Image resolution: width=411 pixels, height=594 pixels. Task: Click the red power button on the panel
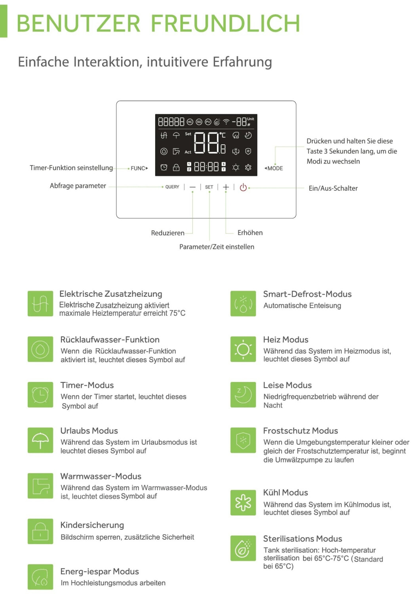(243, 187)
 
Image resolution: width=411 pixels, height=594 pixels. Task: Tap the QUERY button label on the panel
(172, 187)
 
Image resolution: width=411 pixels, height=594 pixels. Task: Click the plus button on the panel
(226, 187)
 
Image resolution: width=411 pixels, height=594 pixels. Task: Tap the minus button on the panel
(192, 187)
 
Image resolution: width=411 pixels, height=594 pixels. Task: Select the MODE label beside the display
(274, 168)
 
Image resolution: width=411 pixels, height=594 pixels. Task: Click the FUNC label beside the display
(139, 168)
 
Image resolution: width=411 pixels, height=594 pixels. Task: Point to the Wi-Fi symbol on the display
(226, 122)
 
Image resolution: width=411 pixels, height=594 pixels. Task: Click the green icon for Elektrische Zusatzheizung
(40, 304)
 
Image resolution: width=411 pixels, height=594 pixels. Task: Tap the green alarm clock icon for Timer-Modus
(40, 395)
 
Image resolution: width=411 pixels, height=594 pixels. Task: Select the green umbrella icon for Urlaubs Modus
(40, 440)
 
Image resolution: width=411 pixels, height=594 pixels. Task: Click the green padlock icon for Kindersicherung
(40, 531)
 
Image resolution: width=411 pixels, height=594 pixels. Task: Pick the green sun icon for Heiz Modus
(243, 349)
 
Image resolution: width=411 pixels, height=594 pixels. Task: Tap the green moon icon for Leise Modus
(243, 395)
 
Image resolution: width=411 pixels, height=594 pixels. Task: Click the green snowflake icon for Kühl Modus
(243, 502)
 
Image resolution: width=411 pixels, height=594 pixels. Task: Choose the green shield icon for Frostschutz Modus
(243, 440)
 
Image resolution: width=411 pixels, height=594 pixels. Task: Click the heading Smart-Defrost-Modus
(307, 294)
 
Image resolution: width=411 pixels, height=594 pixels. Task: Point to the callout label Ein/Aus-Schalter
(333, 188)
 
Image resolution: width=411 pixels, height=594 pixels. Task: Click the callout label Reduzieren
(167, 233)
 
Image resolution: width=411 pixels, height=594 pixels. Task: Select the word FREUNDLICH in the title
(225, 23)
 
